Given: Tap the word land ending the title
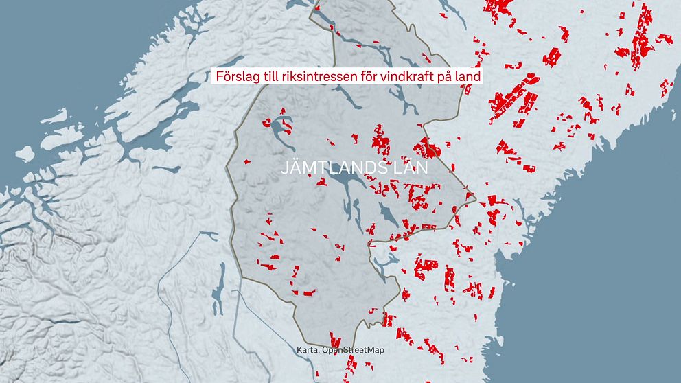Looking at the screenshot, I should (x=466, y=76).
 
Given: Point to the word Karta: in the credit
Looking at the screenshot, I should (x=309, y=350).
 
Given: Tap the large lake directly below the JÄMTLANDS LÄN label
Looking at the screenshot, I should (x=343, y=184).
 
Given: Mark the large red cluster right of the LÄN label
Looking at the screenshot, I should (x=427, y=147).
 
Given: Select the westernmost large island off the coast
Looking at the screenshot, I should (x=26, y=152).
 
